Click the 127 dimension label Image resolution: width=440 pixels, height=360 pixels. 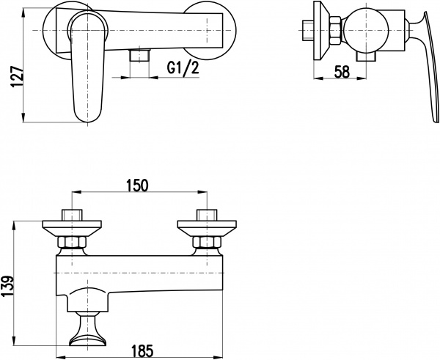click(x=17, y=78)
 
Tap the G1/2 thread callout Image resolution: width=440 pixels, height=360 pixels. click(x=183, y=69)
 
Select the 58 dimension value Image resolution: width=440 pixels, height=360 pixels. click(x=342, y=72)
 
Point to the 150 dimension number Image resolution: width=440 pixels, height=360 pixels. click(x=137, y=185)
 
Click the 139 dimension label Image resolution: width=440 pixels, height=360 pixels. click(x=7, y=287)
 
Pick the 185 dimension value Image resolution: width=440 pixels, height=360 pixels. click(x=143, y=350)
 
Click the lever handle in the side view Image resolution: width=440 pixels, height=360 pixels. click(x=424, y=67)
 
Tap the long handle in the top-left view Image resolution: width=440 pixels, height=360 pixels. click(x=87, y=67)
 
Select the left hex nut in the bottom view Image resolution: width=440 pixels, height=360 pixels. click(x=72, y=243)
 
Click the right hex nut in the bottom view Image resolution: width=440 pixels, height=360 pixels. click(x=207, y=243)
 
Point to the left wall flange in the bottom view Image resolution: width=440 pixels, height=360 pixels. click(x=72, y=229)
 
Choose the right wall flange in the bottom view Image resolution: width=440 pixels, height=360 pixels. click(x=207, y=229)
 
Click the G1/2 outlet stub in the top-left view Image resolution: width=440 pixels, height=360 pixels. click(x=139, y=55)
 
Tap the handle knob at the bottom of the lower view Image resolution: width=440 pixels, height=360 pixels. click(x=87, y=329)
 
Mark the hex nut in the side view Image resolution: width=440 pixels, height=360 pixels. click(x=335, y=30)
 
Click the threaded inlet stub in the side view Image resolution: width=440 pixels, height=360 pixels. click(x=308, y=30)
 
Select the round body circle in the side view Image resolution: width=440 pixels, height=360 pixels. click(x=366, y=30)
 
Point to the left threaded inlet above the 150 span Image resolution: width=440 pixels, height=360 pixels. click(x=72, y=215)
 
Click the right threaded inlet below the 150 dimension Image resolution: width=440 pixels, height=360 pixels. click(x=207, y=215)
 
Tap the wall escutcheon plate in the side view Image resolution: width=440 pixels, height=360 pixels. click(x=321, y=31)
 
